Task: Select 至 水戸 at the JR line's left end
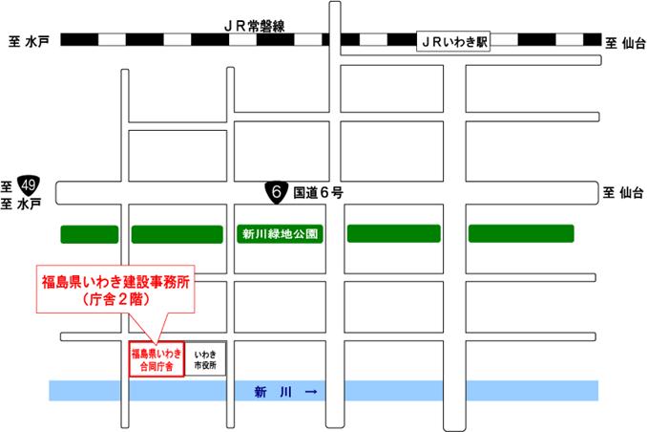pyautogui.click(x=28, y=42)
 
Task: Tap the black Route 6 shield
pyautogui.click(x=277, y=192)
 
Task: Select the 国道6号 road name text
pyautogui.click(x=318, y=192)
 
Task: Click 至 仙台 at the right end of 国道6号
pyautogui.click(x=623, y=192)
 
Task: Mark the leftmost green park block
pyautogui.click(x=89, y=234)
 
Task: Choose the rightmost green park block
pyautogui.click(x=521, y=234)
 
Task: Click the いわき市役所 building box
pyautogui.click(x=205, y=358)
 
